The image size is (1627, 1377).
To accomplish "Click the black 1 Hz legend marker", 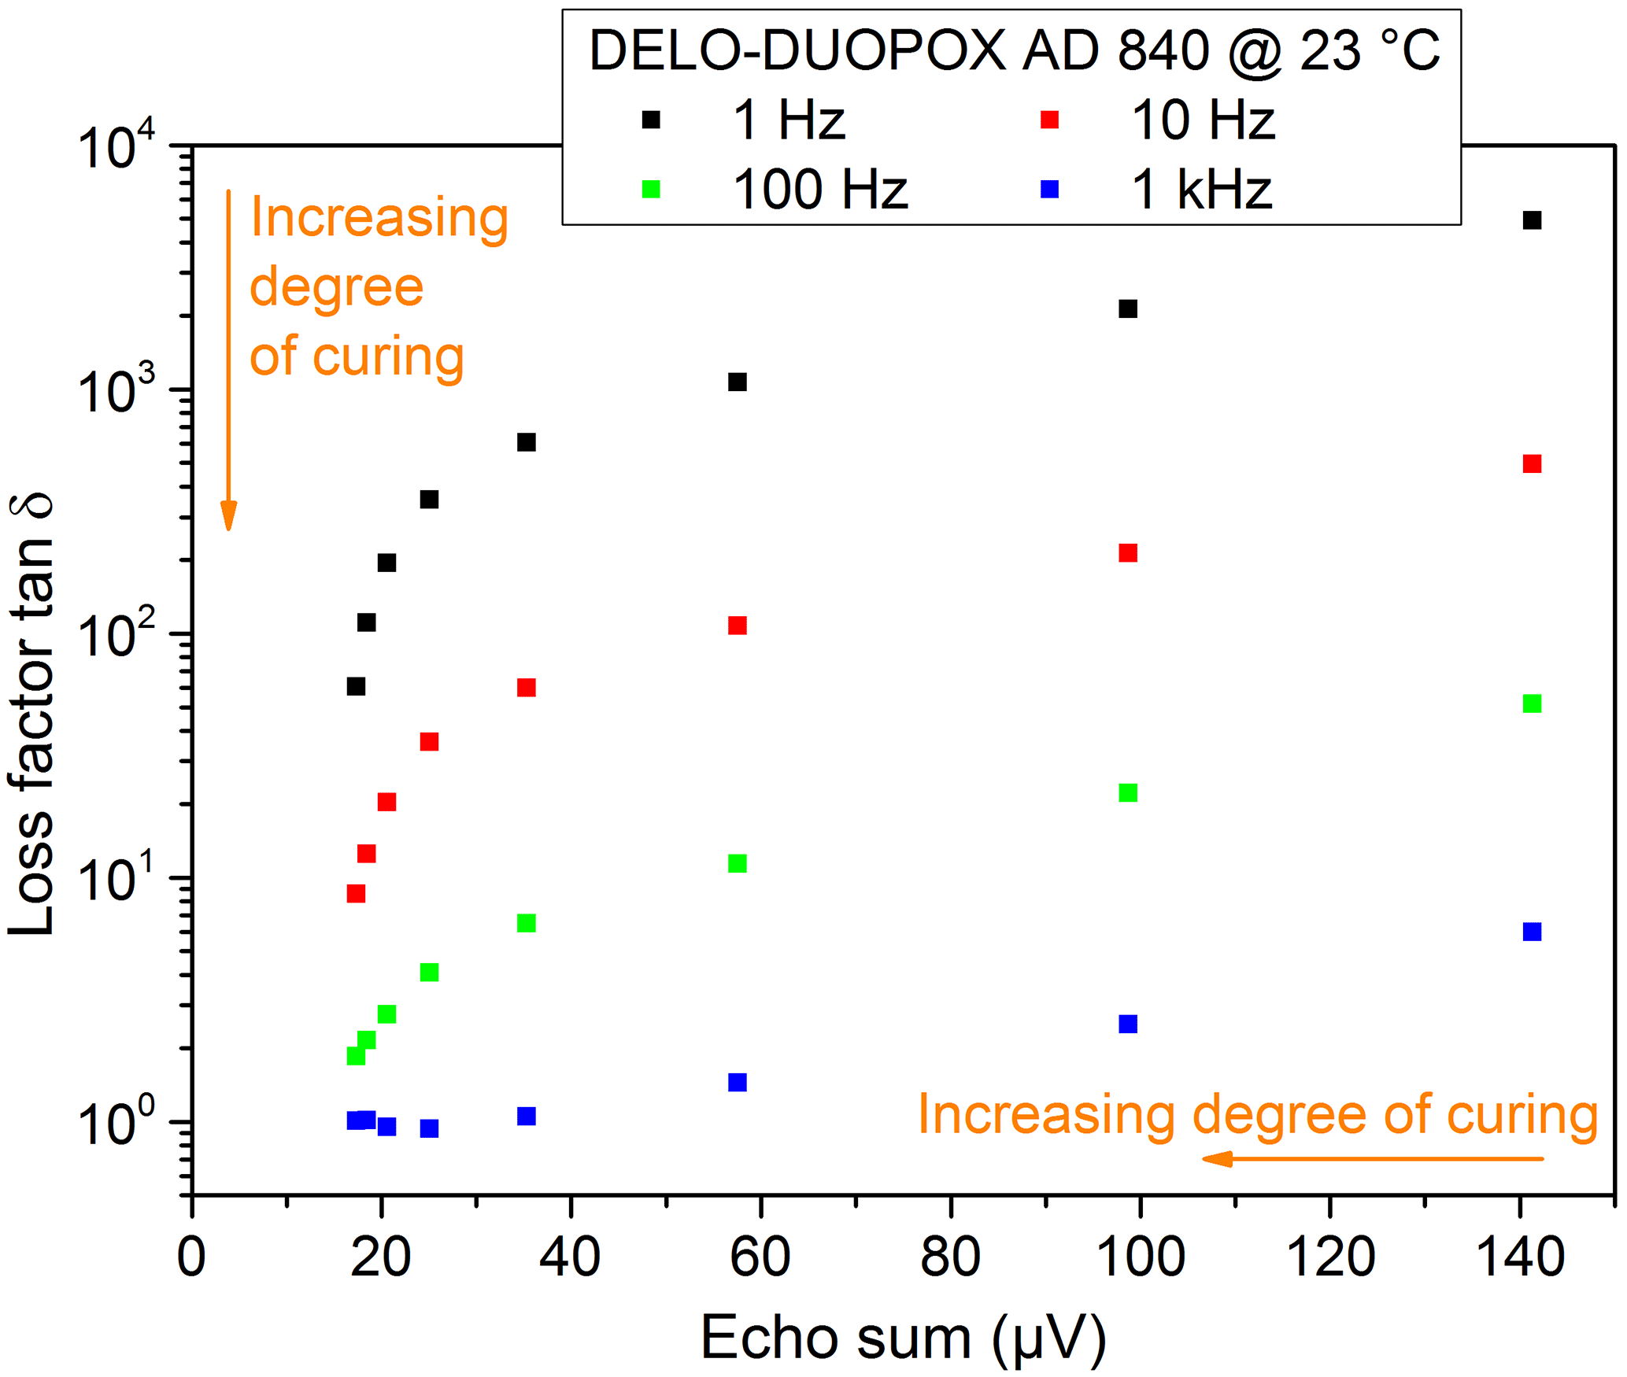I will click(x=651, y=120).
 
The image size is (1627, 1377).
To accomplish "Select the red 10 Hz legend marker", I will click(x=1049, y=120).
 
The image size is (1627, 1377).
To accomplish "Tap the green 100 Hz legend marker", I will click(x=651, y=189).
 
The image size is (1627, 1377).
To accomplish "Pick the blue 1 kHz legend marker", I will click(x=1049, y=189).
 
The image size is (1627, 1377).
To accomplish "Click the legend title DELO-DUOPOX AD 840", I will click(x=1014, y=51).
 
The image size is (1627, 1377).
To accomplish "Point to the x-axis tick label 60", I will click(x=760, y=1257).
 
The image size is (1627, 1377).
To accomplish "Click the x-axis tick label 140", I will click(x=1519, y=1257).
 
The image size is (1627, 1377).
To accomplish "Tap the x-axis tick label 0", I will click(x=191, y=1257).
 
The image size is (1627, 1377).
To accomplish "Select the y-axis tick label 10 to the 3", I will click(x=116, y=391).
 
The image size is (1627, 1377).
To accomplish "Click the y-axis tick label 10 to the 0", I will click(x=116, y=1123).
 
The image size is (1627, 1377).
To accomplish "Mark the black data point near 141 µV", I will click(x=1532, y=220).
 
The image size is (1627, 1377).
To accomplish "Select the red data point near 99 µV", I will click(x=1128, y=553).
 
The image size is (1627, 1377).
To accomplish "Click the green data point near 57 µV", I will click(x=738, y=863).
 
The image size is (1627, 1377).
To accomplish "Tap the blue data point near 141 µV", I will click(x=1532, y=932).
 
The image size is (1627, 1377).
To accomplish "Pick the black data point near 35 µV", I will click(x=527, y=442).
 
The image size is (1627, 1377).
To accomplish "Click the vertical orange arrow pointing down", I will click(x=229, y=362).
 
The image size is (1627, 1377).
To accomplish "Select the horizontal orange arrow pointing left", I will click(x=1373, y=1158).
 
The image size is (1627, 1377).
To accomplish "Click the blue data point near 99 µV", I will click(x=1128, y=1024).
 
